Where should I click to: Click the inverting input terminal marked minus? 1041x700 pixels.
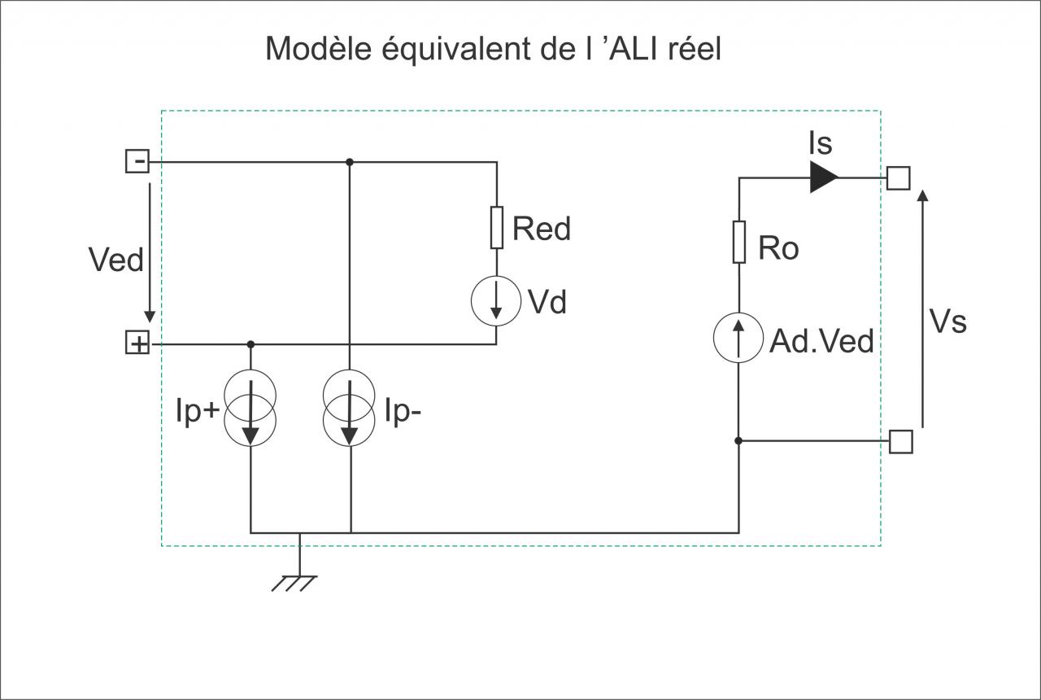tap(137, 161)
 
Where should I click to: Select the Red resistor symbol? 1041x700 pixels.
tap(497, 227)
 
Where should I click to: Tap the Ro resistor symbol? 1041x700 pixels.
tap(739, 242)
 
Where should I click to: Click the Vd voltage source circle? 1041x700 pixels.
tap(496, 301)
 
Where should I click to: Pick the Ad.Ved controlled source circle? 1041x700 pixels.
tap(738, 338)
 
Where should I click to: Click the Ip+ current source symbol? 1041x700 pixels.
tap(250, 408)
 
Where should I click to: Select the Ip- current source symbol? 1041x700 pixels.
tap(349, 408)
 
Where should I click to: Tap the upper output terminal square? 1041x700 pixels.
tap(899, 178)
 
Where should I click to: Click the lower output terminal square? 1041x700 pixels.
tap(900, 441)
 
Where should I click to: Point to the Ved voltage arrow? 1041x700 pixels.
tap(150, 252)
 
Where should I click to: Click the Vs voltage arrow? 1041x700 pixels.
tap(923, 308)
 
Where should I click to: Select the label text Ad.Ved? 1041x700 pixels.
tap(821, 341)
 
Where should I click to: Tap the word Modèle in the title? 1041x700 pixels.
tap(318, 48)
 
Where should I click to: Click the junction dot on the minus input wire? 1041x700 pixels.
tap(350, 162)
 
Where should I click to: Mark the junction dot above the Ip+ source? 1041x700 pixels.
tap(250, 344)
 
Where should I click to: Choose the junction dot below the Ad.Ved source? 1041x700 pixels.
tap(738, 440)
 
